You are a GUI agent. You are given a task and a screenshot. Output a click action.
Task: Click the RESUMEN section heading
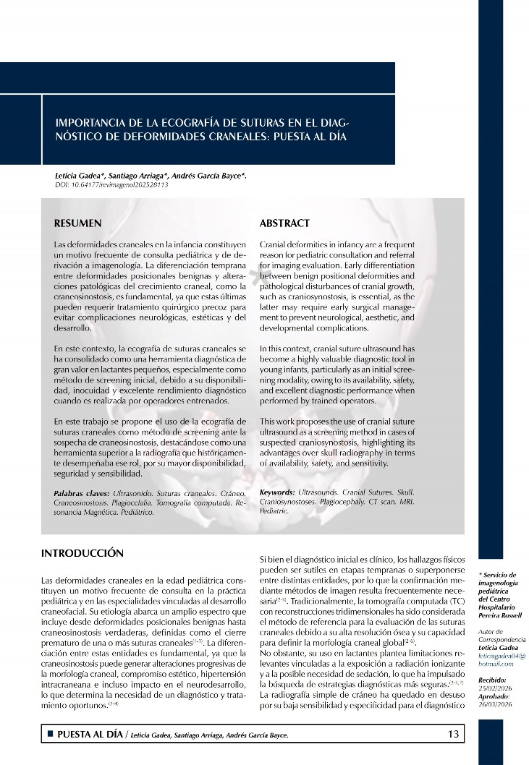(78, 223)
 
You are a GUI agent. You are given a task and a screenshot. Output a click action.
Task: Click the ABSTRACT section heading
(284, 223)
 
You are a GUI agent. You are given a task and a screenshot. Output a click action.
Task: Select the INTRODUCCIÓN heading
(82, 554)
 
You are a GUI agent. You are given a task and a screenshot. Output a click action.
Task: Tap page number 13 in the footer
(454, 735)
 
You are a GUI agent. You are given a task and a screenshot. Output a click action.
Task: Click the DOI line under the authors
(111, 185)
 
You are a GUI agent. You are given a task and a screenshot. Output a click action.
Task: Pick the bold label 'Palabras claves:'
(82, 492)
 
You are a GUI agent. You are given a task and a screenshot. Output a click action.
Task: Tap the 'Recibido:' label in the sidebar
(492, 680)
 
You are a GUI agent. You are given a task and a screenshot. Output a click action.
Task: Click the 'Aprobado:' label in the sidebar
(493, 696)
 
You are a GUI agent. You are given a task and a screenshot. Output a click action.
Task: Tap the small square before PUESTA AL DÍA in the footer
(50, 735)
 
